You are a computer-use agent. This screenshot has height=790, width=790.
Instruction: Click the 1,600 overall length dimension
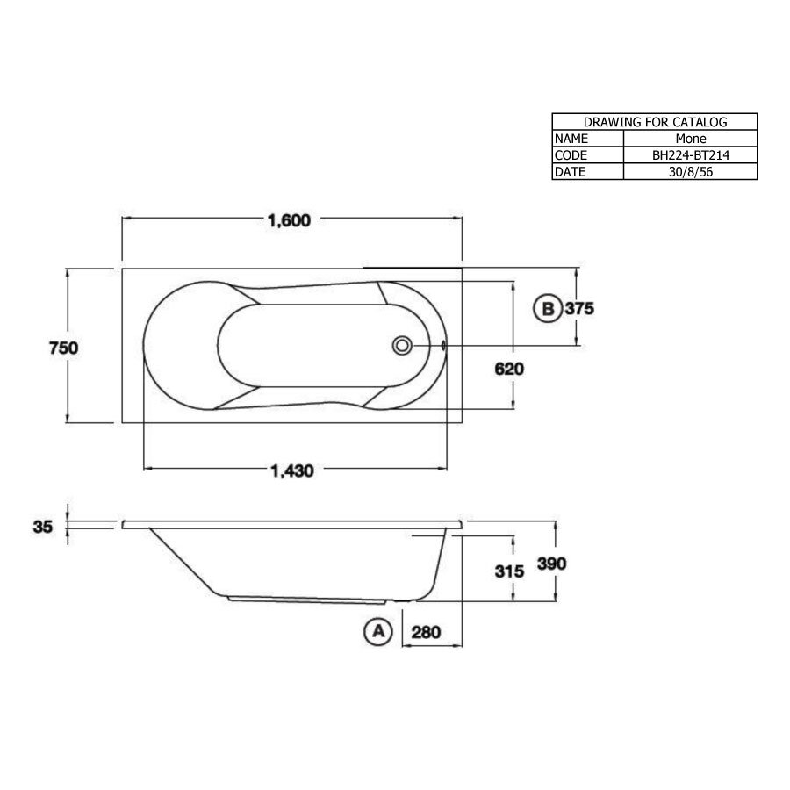[x=291, y=220]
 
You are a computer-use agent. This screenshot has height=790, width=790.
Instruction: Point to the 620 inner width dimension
[x=509, y=370]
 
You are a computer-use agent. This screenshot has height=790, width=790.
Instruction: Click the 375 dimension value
[x=580, y=309]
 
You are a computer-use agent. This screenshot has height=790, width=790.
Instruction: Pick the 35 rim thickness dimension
[x=43, y=527]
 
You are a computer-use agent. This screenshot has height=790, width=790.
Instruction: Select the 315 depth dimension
[x=509, y=571]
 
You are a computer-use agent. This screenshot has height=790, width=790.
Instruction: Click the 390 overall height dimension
[x=553, y=563]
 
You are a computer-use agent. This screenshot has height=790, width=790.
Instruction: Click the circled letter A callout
[x=377, y=631]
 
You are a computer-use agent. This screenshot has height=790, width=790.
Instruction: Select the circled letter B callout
[x=547, y=309]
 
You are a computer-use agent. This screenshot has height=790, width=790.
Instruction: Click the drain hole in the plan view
[x=402, y=345]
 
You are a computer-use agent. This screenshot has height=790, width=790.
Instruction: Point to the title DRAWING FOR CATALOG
[x=654, y=122]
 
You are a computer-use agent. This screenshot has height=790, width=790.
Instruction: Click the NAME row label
[x=571, y=139]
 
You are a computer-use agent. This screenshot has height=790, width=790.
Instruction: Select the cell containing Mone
[x=690, y=139]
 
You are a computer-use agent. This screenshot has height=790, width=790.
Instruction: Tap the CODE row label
[x=571, y=155]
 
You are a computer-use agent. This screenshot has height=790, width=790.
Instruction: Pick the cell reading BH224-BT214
[x=690, y=155]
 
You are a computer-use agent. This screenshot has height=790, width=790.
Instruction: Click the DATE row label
[x=570, y=172]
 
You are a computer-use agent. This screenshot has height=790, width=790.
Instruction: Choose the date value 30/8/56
[x=690, y=172]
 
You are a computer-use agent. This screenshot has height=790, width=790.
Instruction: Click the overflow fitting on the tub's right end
[x=444, y=345]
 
